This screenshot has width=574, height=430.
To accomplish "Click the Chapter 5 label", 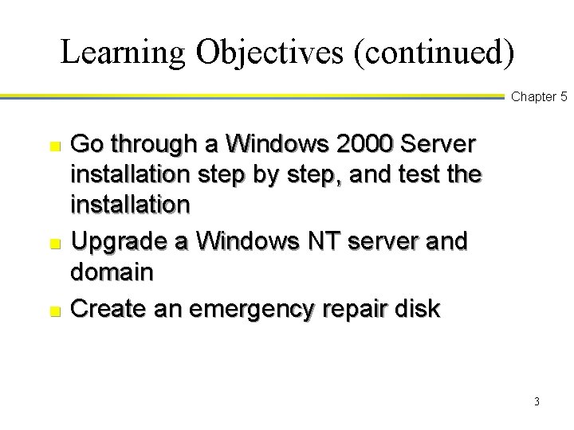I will point(539,97).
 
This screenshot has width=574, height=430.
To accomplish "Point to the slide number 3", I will point(537,401).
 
